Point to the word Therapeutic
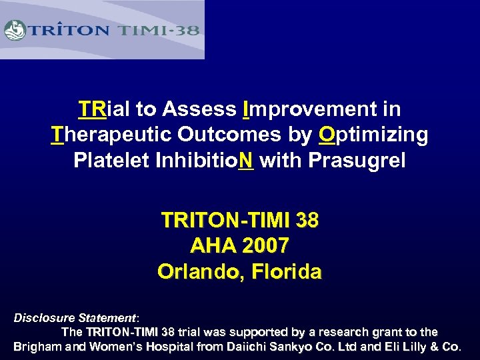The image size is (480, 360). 111,135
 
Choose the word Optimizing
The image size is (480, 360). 373,135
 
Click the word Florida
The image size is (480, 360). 285,272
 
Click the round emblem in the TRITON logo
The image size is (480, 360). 15,30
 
